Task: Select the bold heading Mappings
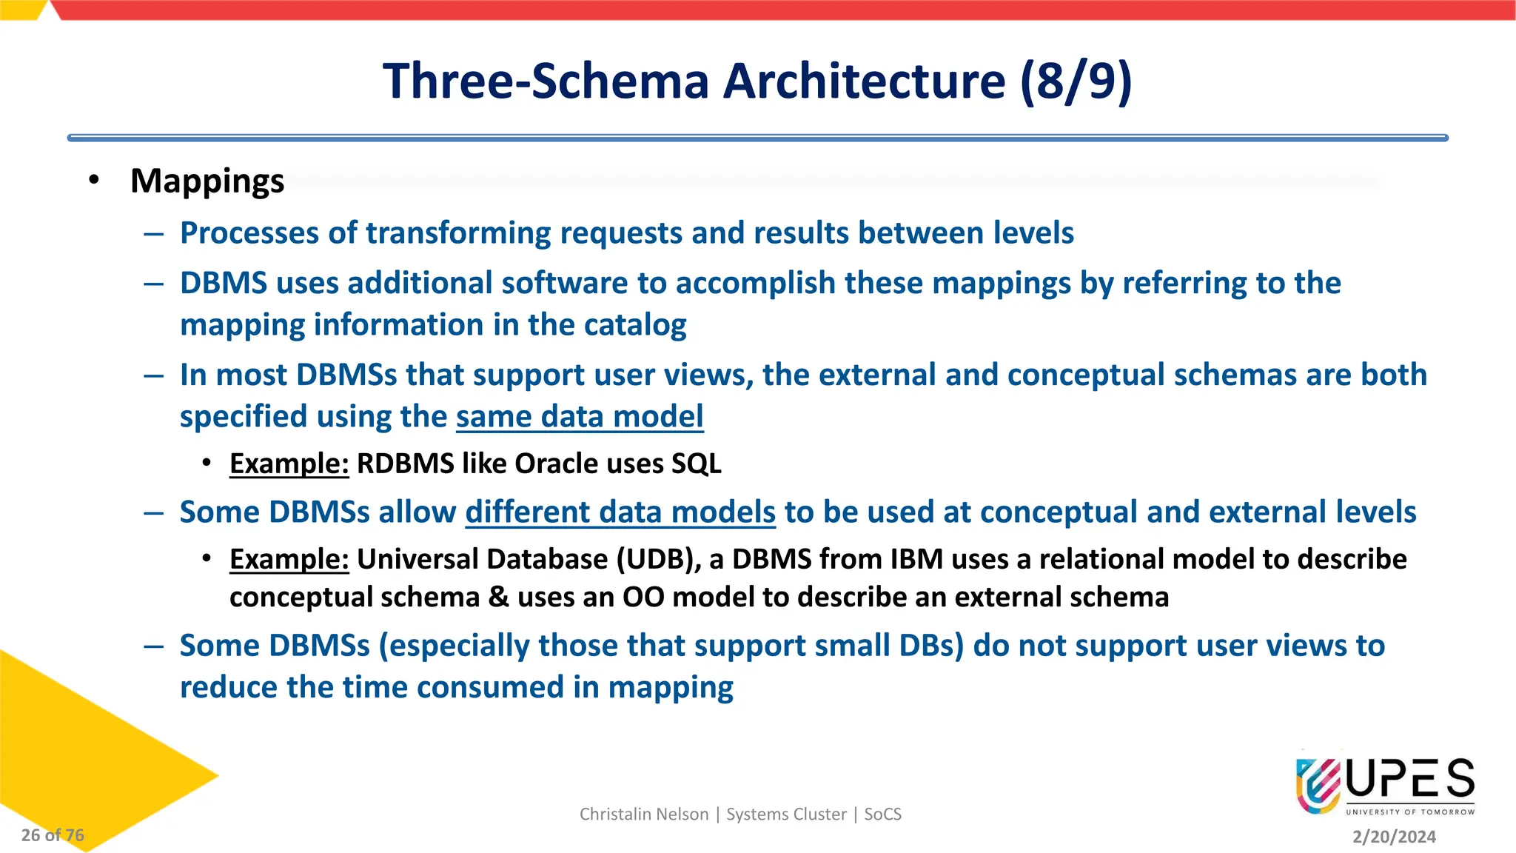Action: coord(207,181)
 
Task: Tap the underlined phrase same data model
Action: coord(580,416)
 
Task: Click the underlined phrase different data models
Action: coord(620,512)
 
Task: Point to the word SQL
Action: coord(696,464)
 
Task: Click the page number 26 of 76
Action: coord(53,835)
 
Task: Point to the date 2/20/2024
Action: coord(1394,837)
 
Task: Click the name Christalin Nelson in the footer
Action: coord(644,814)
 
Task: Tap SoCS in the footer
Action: coord(882,814)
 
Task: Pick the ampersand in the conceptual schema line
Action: coord(498,597)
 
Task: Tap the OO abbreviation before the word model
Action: coord(643,597)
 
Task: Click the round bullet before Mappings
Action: coord(93,180)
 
